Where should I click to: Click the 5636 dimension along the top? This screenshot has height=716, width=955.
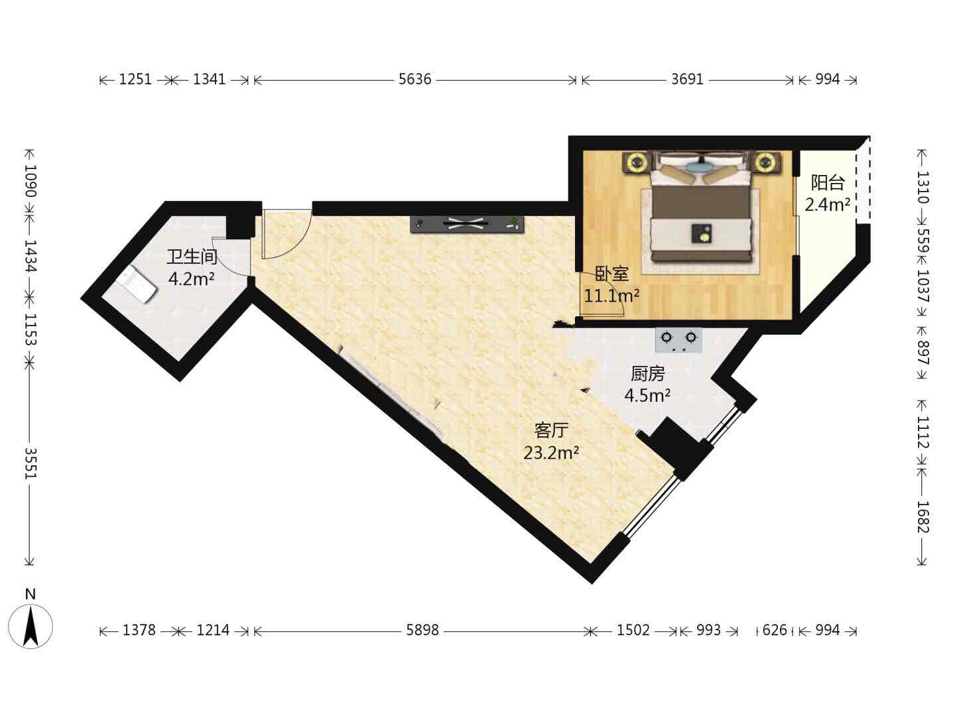[x=414, y=79]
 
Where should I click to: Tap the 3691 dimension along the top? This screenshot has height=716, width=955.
[x=687, y=79]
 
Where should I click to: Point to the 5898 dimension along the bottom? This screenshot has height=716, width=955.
[x=422, y=630]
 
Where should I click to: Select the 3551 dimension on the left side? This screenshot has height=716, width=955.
[x=31, y=463]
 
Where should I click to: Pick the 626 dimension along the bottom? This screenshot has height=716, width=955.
[x=775, y=630]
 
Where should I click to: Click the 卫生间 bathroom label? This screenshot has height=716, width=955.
[x=192, y=257]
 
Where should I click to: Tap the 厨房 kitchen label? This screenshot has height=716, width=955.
[x=648, y=373]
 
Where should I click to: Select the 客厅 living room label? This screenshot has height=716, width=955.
[x=551, y=430]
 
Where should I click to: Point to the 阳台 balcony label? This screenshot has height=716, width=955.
[x=828, y=182]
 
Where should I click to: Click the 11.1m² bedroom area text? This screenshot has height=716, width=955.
[x=611, y=296]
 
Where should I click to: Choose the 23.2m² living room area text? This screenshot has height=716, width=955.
[x=551, y=453]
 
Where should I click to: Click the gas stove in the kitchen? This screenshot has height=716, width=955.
[x=678, y=340]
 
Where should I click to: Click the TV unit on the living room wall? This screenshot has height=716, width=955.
[x=467, y=224]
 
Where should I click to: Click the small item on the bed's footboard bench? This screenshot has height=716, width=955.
[x=702, y=233]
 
